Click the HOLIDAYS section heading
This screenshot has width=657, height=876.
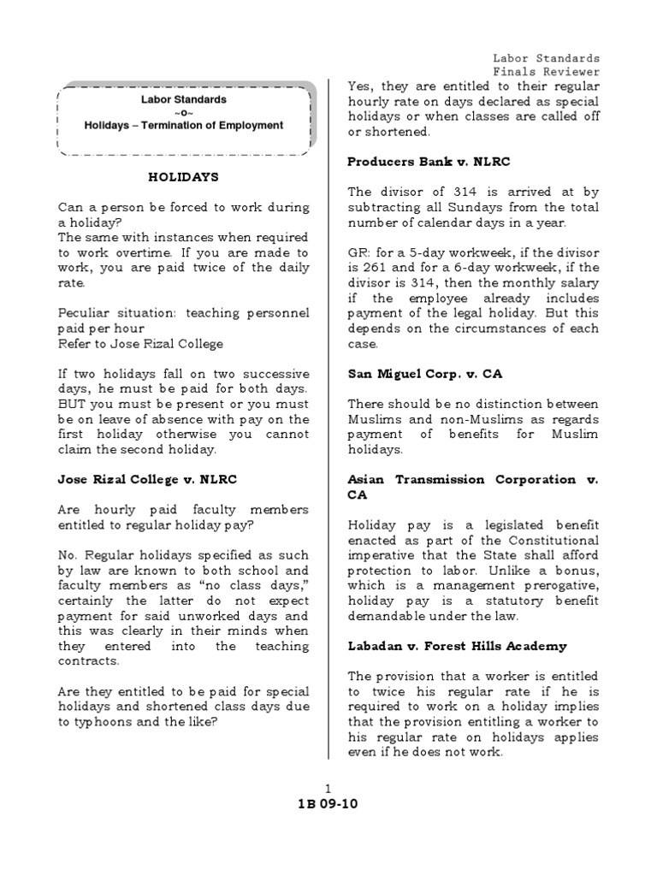(x=183, y=177)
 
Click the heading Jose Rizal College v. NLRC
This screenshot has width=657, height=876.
(x=147, y=480)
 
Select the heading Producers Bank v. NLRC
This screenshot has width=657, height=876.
(x=429, y=162)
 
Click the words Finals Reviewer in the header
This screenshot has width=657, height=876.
(x=546, y=72)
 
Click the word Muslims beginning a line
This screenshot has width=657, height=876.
(x=374, y=419)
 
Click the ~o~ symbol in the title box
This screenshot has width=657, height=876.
(x=183, y=113)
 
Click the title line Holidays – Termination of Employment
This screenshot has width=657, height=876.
(x=183, y=126)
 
